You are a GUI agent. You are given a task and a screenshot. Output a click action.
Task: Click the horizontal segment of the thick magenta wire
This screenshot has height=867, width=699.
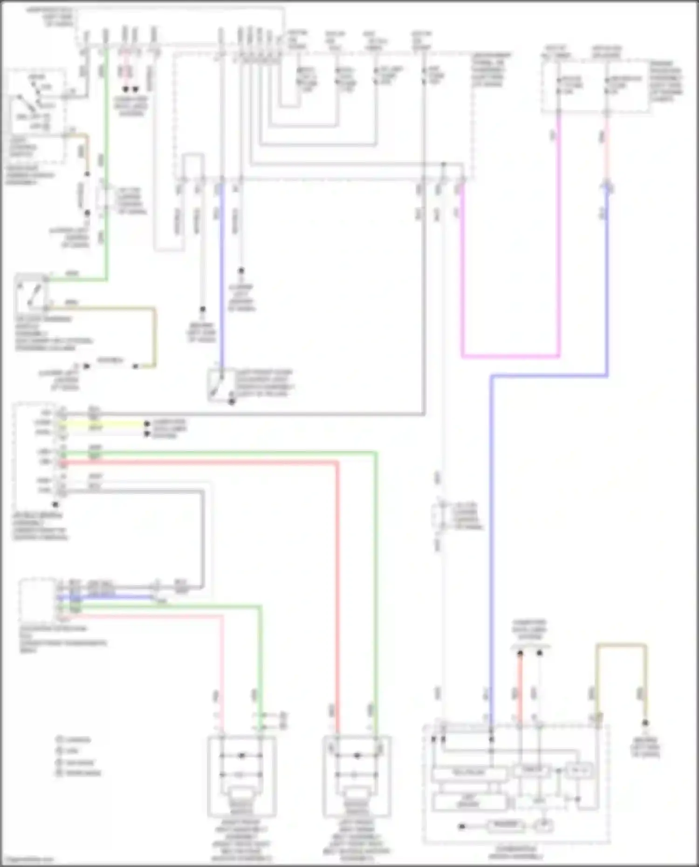(510, 356)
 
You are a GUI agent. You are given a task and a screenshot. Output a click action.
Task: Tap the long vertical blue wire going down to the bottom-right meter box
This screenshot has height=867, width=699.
(491, 536)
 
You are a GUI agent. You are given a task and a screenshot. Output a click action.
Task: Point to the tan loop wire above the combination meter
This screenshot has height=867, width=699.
(621, 645)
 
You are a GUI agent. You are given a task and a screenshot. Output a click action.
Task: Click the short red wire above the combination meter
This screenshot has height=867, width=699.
(520, 685)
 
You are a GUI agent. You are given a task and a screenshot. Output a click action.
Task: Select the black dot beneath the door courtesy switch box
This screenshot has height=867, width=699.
(232, 402)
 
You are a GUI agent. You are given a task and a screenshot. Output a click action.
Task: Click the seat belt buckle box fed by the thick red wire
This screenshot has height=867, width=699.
(356, 776)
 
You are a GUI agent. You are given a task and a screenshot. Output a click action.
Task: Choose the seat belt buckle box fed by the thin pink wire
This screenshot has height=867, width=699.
(241, 776)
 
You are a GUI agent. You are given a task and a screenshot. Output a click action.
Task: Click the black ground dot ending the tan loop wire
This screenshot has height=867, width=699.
(645, 723)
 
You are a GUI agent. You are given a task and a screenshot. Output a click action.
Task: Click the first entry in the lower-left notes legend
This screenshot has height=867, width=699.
(75, 739)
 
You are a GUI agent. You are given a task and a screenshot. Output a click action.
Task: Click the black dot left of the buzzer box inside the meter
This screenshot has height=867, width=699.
(462, 826)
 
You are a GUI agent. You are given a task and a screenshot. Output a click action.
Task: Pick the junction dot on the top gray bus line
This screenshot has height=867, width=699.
(444, 164)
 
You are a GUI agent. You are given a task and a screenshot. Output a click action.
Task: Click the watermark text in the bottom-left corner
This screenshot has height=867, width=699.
(28, 860)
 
